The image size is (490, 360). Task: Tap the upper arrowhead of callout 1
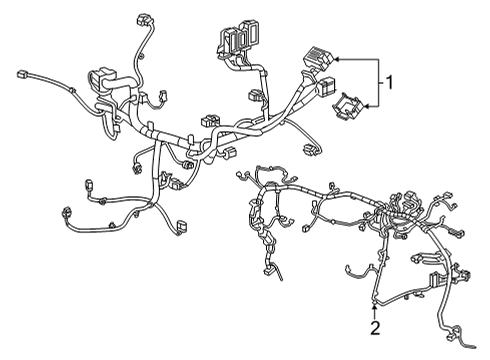click(339, 58)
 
